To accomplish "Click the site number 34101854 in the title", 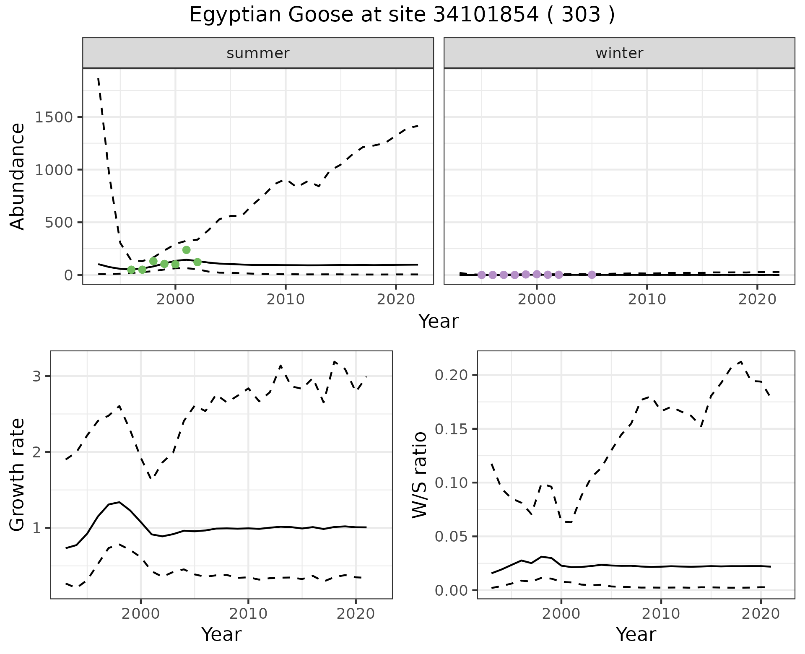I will tap(486, 15).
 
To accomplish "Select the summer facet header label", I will tap(258, 53).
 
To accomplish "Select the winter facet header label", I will tap(619, 53).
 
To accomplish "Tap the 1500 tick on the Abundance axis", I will tap(54, 117).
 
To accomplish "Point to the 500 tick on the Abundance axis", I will tap(58, 222).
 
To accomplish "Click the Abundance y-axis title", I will tap(18, 176).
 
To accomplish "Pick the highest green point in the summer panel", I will tap(187, 250).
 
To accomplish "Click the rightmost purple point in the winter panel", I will tap(592, 275).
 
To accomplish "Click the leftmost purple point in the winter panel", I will tap(482, 275).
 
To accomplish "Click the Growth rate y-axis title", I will tap(18, 475).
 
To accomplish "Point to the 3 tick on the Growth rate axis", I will tap(36, 376).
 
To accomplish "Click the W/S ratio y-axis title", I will tap(420, 475).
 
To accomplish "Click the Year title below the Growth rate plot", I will tap(221, 634).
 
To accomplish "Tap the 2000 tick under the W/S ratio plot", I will tap(561, 614).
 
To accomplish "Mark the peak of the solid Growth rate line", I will tap(119, 502).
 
